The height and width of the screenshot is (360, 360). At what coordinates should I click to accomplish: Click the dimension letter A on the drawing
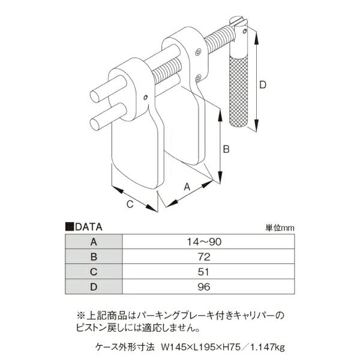(187, 187)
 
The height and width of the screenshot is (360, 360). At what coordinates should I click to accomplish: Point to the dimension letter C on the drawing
(129, 204)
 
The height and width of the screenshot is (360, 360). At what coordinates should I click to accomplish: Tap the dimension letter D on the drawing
(263, 85)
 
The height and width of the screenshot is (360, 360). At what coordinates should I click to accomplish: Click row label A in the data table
(93, 242)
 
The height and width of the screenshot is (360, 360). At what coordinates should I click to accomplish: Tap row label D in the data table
(93, 287)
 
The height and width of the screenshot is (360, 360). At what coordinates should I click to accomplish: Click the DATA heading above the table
(89, 227)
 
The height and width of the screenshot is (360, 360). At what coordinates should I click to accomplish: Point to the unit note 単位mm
(280, 228)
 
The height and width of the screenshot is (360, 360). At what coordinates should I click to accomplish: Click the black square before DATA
(69, 227)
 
